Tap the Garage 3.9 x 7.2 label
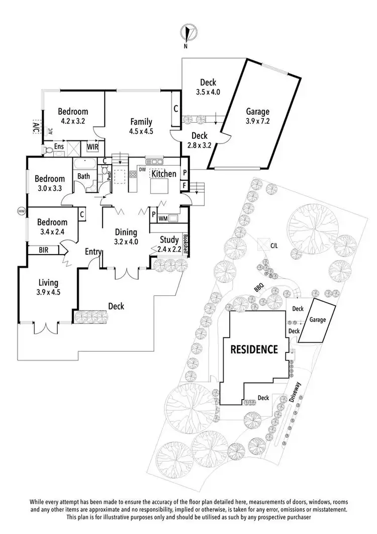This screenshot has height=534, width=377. point(258,116)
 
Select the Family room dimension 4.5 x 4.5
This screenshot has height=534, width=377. point(141,130)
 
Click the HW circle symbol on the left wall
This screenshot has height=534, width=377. point(21,210)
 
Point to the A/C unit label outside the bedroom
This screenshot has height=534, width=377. point(36,128)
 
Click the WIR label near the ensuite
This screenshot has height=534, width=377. point(93,147)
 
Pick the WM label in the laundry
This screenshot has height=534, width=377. point(163,219)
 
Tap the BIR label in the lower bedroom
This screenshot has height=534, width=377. point(43,249)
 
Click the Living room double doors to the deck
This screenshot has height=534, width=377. point(44,327)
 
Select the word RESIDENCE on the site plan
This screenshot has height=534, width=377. point(254,349)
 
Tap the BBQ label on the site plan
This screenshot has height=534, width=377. point(259,288)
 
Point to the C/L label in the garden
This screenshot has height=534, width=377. point(274,246)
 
